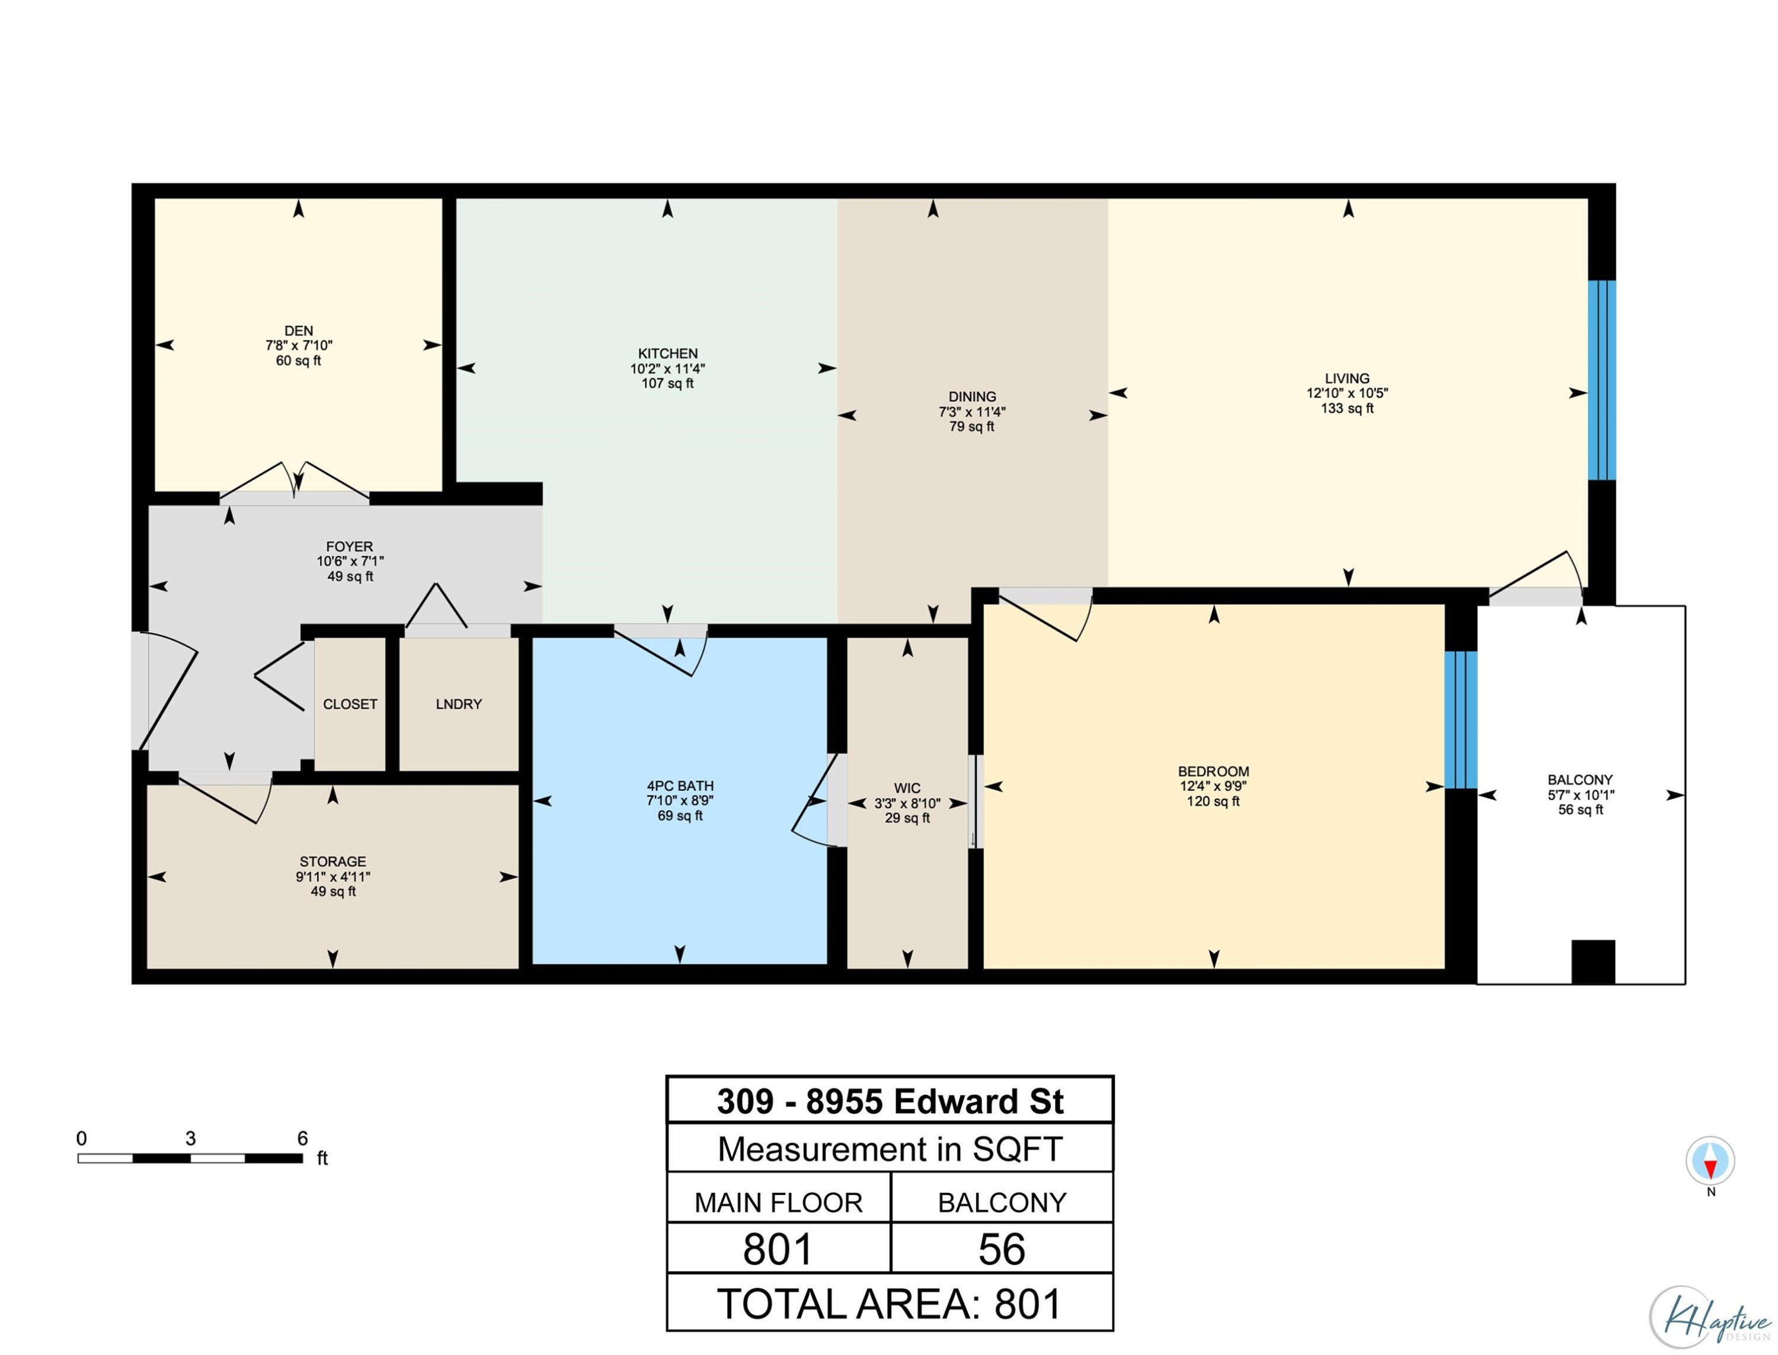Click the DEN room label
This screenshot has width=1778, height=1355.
299,331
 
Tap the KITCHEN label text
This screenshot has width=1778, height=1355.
668,353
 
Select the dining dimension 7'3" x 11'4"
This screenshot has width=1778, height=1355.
972,411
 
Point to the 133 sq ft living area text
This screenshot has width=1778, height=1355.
1347,408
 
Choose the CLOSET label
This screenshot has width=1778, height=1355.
350,704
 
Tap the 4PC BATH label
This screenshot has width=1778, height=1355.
680,786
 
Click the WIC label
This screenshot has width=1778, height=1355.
907,788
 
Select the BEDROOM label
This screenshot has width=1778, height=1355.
1213,771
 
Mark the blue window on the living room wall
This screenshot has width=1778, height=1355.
1602,380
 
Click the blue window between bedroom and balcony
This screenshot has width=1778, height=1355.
1461,719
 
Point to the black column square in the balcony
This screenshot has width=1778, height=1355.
1593,962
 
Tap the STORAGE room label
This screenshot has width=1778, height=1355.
332,861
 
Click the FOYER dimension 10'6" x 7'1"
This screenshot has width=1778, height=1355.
350,561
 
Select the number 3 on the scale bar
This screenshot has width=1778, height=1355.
190,1138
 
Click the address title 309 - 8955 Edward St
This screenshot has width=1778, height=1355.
890,1101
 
